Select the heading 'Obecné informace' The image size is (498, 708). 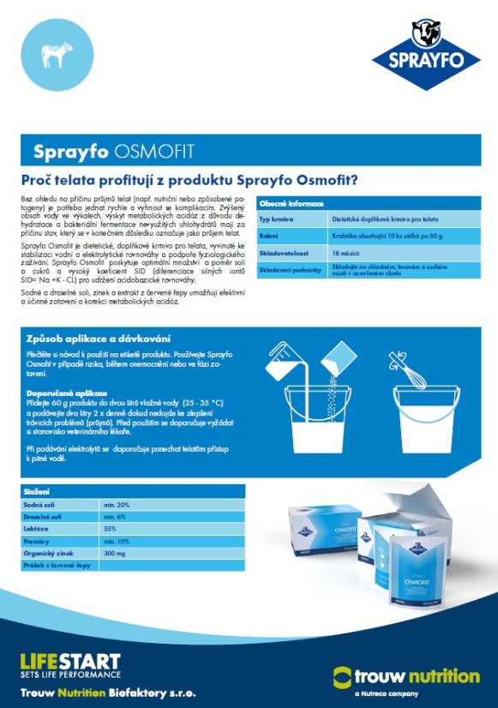pos(292,204)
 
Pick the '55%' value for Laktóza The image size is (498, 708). pos(110,529)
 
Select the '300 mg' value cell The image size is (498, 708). pos(114,553)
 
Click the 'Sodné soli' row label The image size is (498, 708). pos(40,505)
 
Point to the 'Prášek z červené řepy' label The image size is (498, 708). pos(57,565)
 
